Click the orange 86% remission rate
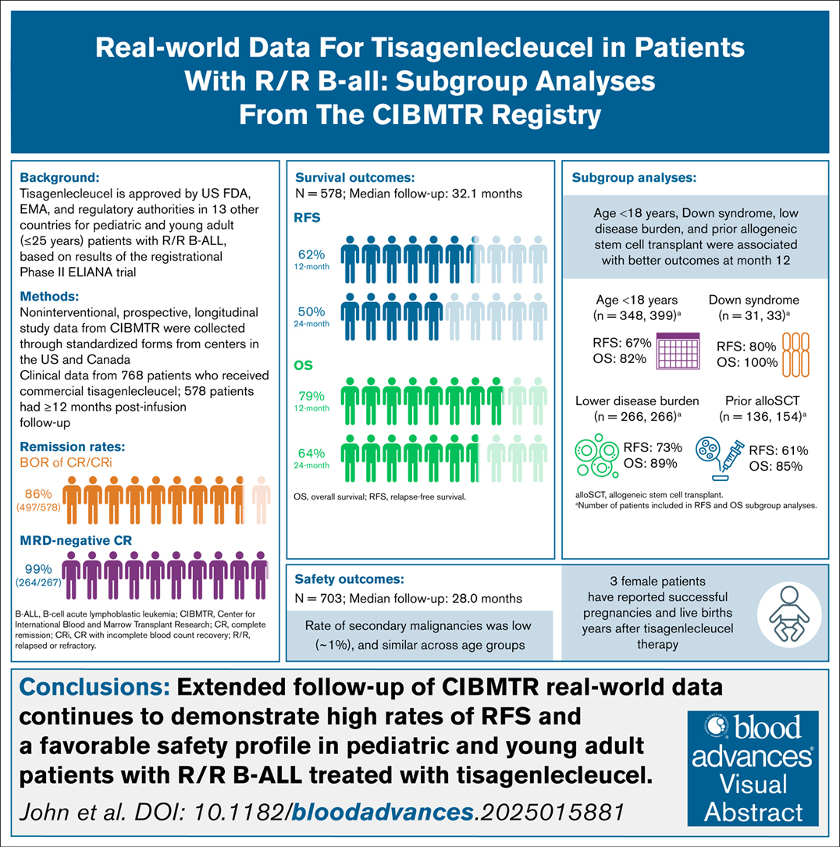click(x=38, y=494)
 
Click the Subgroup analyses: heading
click(x=634, y=177)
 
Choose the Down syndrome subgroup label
click(x=753, y=299)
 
